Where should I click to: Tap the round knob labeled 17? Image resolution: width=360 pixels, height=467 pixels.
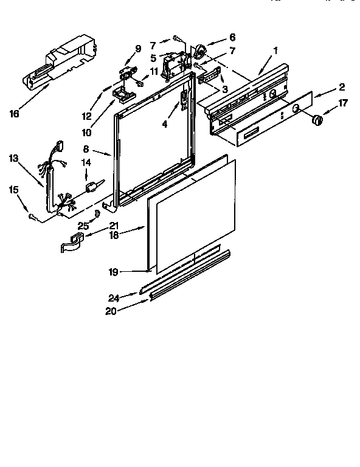tap(316, 121)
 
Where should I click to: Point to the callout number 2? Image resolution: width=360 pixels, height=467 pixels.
tap(342, 86)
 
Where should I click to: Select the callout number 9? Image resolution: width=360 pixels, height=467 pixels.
tap(137, 48)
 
